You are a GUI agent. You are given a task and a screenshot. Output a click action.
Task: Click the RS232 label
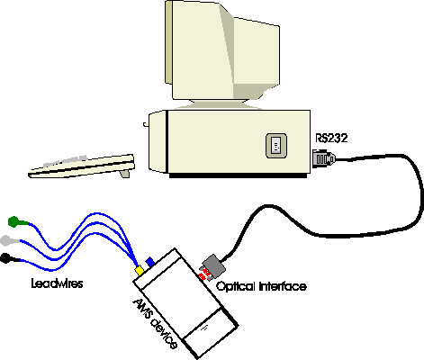tap(331, 138)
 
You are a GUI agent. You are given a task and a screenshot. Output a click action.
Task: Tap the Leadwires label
tap(57, 283)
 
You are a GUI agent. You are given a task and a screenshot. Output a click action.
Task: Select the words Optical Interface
tap(261, 286)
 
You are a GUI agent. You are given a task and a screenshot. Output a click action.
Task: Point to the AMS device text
tap(155, 323)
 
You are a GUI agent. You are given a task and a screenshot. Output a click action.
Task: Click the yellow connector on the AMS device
tap(140, 270)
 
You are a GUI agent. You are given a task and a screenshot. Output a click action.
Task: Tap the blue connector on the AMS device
tap(150, 262)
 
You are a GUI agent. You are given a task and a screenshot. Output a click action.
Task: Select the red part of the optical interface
tap(204, 274)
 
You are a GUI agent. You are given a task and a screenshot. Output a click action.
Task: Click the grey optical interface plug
tap(213, 266)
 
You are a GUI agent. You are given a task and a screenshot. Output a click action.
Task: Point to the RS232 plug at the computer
tap(323, 158)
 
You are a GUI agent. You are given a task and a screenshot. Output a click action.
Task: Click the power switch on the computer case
tap(276, 146)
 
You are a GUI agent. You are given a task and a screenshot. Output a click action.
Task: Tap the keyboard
tap(81, 166)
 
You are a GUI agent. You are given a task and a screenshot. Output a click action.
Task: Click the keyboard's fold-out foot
tap(125, 174)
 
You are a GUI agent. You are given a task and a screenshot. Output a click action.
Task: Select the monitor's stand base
tap(218, 104)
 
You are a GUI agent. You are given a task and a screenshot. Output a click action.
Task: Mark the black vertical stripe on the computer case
tap(166, 141)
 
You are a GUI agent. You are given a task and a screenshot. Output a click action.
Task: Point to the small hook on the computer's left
tap(146, 124)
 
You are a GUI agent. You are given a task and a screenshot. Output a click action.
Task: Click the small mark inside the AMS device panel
tap(205, 328)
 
